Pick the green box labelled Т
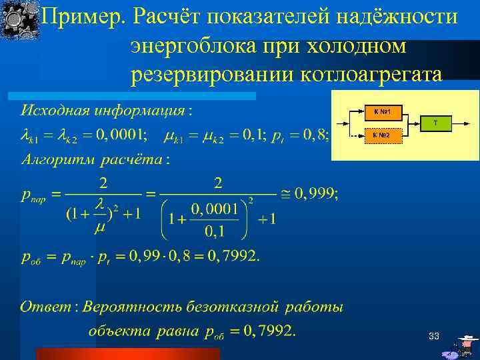pos(435,123)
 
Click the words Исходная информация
pos(103,109)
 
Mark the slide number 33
pos(433,337)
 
